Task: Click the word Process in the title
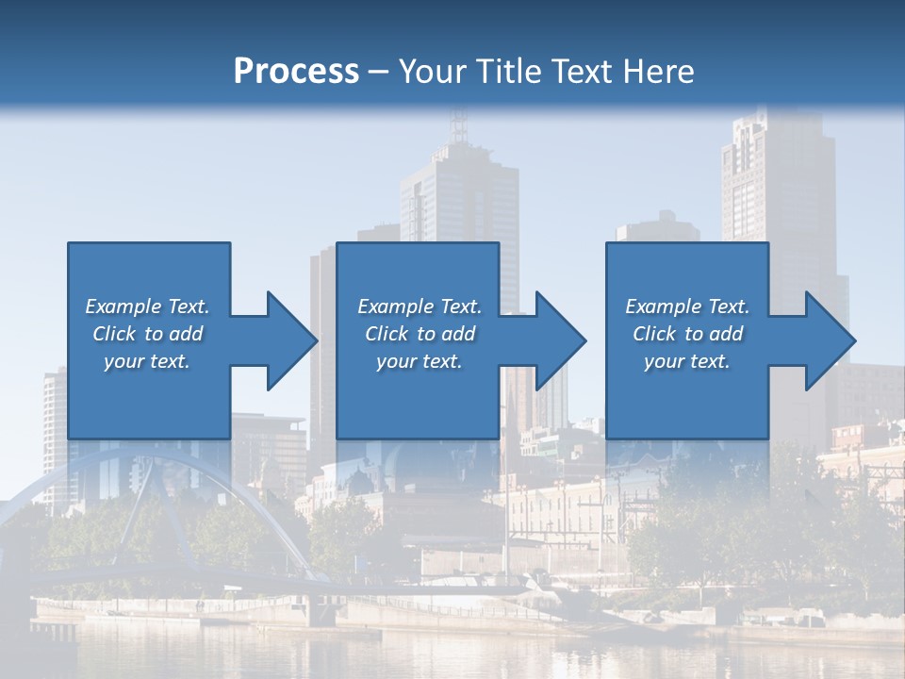tap(296, 71)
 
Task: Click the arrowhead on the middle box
tap(559, 340)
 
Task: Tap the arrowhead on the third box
tap(829, 340)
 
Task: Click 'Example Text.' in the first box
tap(147, 306)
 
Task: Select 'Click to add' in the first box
tap(147, 334)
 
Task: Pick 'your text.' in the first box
tap(147, 361)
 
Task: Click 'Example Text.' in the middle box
tap(419, 306)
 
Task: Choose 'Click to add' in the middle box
tap(419, 334)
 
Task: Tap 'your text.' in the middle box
tap(419, 361)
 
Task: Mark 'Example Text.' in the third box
tap(687, 306)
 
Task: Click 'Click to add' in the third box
tap(687, 334)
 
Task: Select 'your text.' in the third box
tap(687, 361)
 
